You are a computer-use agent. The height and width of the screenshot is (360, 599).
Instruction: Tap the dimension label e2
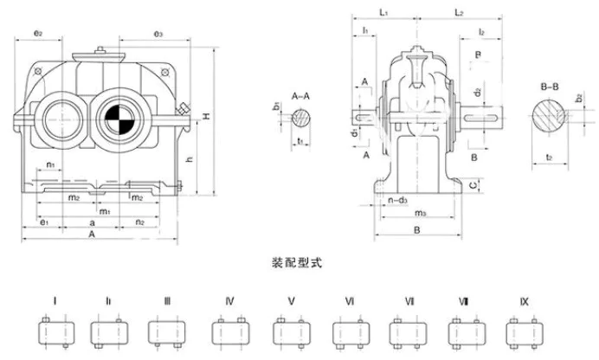38,33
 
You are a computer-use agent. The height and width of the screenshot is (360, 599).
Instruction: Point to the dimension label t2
551,157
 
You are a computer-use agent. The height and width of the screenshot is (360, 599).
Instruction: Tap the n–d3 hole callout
397,201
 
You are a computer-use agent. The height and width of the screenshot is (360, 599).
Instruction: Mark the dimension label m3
419,213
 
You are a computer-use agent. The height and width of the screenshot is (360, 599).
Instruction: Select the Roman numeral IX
525,301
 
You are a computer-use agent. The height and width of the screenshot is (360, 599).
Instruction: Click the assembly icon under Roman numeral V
290,331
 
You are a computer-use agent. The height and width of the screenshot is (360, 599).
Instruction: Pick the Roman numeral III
167,301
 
